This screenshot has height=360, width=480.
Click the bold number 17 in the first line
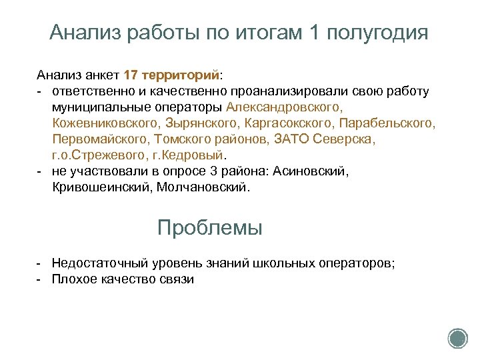pos(131,74)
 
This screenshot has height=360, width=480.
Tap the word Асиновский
pos(315,172)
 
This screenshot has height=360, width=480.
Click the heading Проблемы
pos(210,228)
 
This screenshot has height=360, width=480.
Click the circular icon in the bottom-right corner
pos(457,339)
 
